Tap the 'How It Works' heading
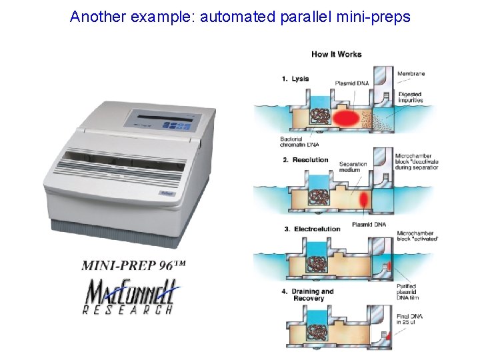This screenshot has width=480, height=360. click(x=336, y=54)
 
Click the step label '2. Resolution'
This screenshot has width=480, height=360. click(x=305, y=160)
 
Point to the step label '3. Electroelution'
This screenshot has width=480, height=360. click(x=312, y=229)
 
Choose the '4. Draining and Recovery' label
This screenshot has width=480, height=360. click(x=308, y=295)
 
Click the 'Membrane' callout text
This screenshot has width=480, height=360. click(x=411, y=73)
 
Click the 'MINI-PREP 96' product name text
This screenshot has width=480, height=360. click(x=133, y=265)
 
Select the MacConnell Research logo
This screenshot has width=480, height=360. click(x=128, y=297)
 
